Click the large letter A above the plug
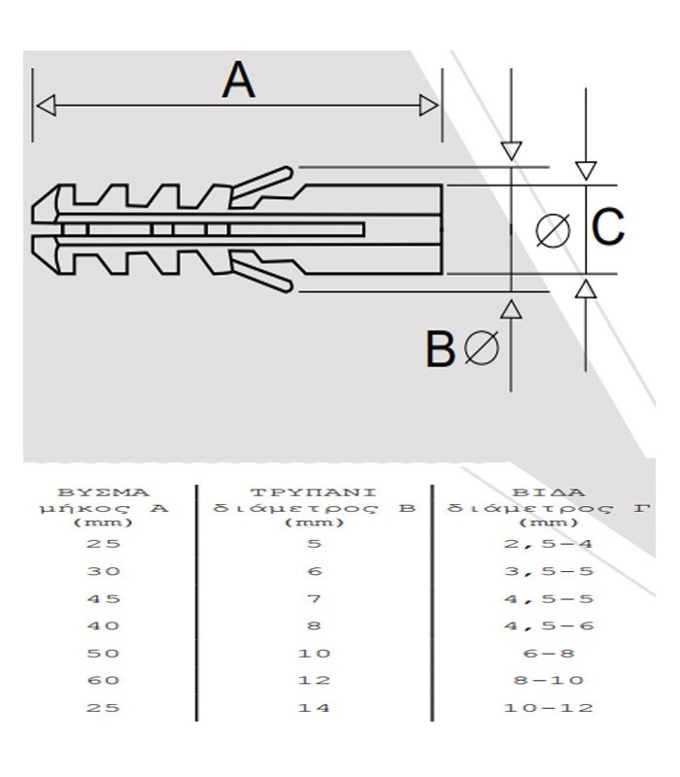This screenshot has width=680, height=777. click(238, 80)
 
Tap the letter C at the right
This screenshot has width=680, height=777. click(608, 228)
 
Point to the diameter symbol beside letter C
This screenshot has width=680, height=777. click(554, 229)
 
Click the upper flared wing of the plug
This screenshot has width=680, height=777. click(262, 183)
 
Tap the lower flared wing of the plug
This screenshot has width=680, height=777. click(262, 276)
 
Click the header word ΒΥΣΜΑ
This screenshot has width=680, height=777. click(104, 491)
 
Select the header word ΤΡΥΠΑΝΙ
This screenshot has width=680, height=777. click(313, 491)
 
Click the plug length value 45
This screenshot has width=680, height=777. click(103, 598)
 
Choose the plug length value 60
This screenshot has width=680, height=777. click(103, 680)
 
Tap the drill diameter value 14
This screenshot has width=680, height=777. click(313, 707)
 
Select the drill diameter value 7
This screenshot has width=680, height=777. click(313, 598)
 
